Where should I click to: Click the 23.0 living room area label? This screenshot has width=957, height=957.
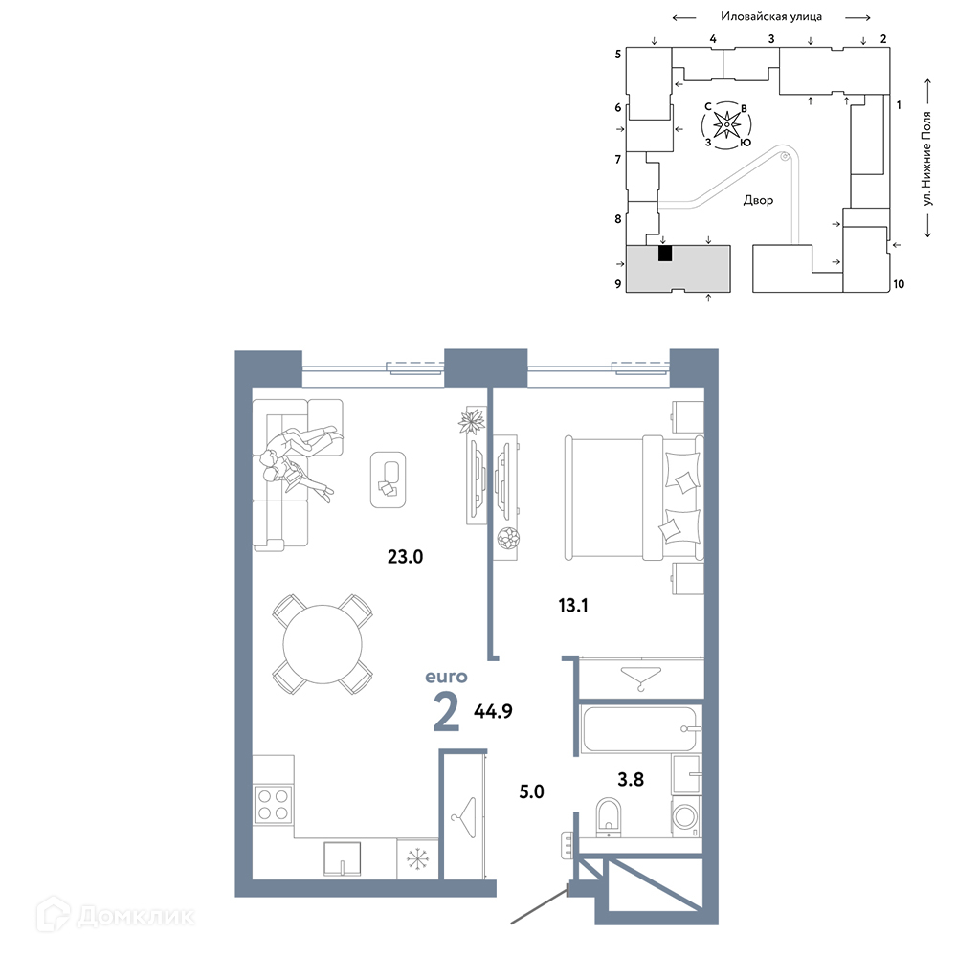pos(405,557)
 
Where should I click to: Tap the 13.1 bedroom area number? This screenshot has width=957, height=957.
pos(573,606)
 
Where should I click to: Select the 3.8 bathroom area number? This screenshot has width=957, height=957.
pos(631,779)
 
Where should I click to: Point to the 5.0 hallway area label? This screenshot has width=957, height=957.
pos(531,791)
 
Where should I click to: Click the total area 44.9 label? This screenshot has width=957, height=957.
pos(493,711)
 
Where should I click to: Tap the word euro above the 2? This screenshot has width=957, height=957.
pos(446,677)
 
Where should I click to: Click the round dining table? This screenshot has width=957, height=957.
pos(323,644)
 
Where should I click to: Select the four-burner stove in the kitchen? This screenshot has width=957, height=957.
pos(273,805)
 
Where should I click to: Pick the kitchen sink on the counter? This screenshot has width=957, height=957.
pos(342,858)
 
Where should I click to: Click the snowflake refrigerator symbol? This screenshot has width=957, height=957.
pos(417,859)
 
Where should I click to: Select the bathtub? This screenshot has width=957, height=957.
pos(640,728)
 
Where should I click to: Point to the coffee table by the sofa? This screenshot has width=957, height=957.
pos(389,479)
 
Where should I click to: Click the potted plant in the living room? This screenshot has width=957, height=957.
pos(472,420)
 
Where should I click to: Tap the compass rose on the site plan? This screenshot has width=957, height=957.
pos(727,125)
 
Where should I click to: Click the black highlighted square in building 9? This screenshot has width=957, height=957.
pos(665,254)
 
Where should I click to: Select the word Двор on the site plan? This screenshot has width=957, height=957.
pos(758,200)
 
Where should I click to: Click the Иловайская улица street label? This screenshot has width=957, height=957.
pos(770,16)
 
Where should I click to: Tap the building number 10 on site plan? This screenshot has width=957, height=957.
pos(899,284)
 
